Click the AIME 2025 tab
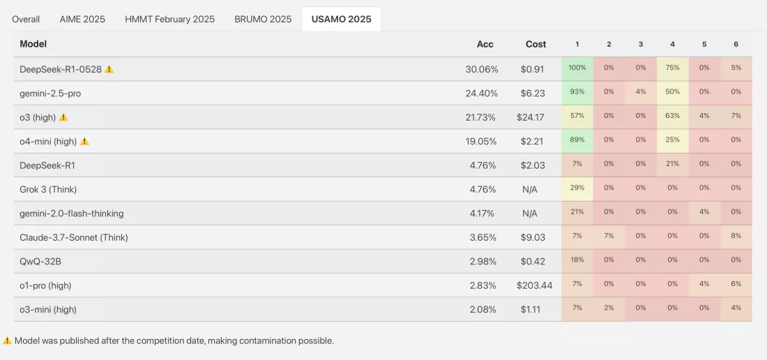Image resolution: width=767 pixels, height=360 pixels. [82, 20]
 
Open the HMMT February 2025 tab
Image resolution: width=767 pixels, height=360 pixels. [169, 20]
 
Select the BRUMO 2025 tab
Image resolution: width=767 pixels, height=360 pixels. [263, 20]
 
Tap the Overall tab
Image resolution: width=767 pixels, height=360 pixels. [26, 20]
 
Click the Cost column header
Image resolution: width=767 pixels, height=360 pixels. [536, 44]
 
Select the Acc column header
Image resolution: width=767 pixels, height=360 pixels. [485, 44]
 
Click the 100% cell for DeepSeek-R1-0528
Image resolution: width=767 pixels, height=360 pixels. [577, 68]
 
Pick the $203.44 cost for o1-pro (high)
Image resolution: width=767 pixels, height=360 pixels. [534, 285]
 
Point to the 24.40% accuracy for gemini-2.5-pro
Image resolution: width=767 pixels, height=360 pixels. [481, 93]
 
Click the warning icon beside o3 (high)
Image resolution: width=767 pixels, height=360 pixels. [63, 117]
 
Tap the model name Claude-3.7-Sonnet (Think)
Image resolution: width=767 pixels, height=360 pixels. [74, 238]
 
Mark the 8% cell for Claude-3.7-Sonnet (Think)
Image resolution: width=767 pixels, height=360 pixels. [736, 237]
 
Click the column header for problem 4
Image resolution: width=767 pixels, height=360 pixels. [673, 44]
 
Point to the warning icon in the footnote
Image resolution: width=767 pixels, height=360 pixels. [8, 340]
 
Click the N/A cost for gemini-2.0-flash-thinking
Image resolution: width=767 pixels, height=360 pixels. [529, 213]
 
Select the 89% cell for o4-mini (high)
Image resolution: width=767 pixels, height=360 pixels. [577, 141]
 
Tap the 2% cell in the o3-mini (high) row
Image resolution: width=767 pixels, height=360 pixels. [609, 308]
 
